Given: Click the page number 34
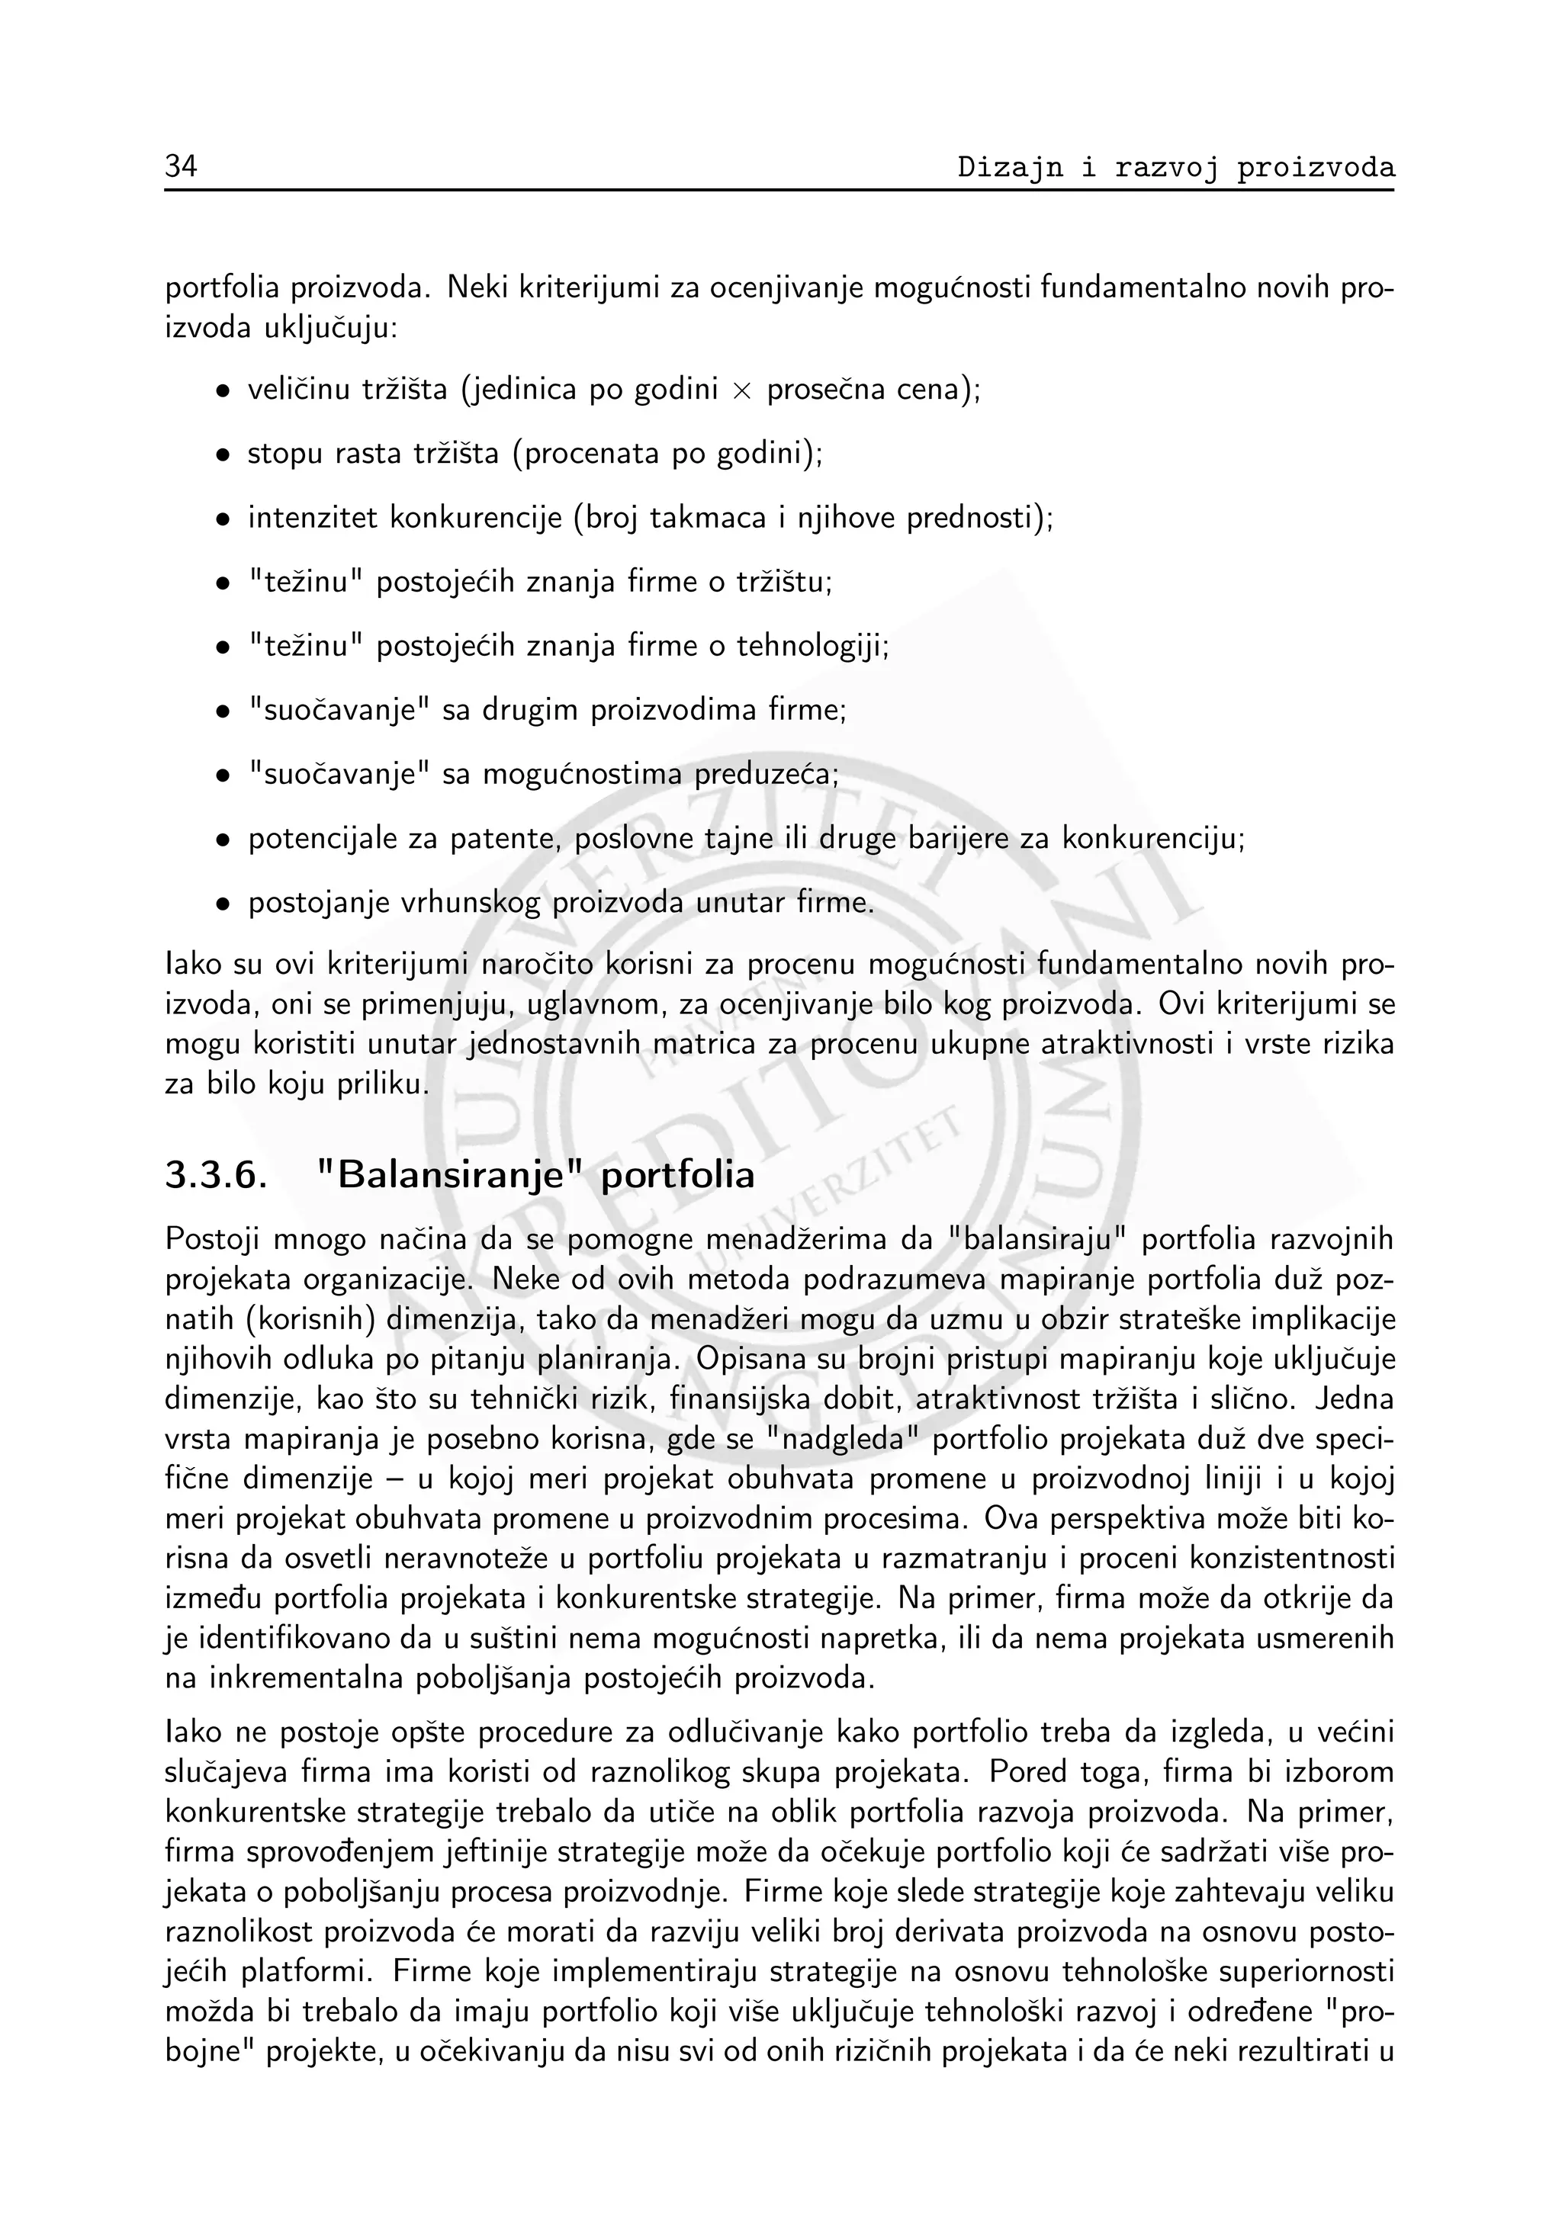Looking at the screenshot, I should coord(181,168).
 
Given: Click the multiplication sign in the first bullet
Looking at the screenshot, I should coord(741,391).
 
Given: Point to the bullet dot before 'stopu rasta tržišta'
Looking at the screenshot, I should coord(223,455).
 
